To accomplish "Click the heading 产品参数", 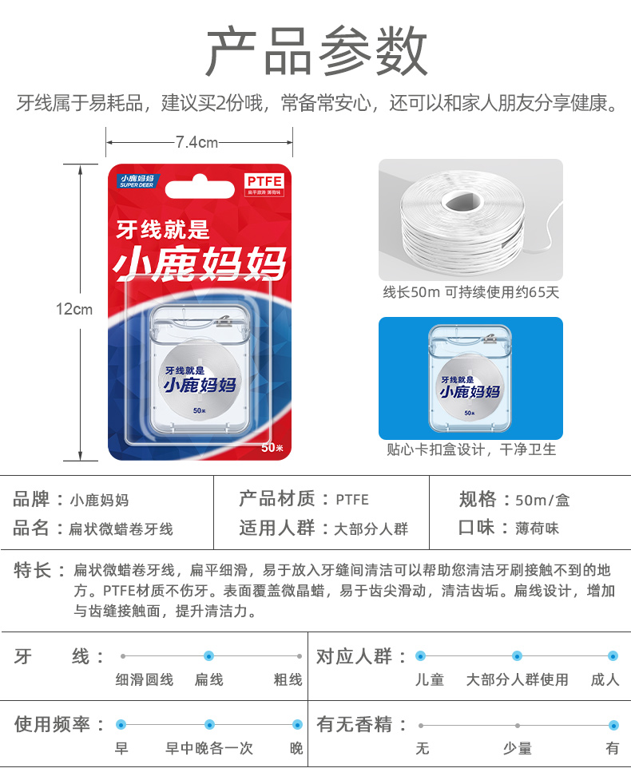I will [316, 52].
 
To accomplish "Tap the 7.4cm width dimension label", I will [196, 143].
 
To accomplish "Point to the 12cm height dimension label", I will [74, 309].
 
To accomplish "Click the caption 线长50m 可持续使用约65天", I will [470, 292].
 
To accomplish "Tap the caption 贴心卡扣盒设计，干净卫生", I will [470, 449].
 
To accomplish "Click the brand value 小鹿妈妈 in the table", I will [99, 501].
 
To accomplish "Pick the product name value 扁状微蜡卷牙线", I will [121, 529].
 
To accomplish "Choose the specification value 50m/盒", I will [542, 501].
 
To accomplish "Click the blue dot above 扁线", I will [209, 655].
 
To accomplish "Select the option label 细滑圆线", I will [144, 680].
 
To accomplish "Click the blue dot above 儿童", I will [421, 655].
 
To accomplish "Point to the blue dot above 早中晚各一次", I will [209, 725].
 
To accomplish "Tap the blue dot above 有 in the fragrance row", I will [613, 725].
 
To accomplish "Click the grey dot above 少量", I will [518, 725].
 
